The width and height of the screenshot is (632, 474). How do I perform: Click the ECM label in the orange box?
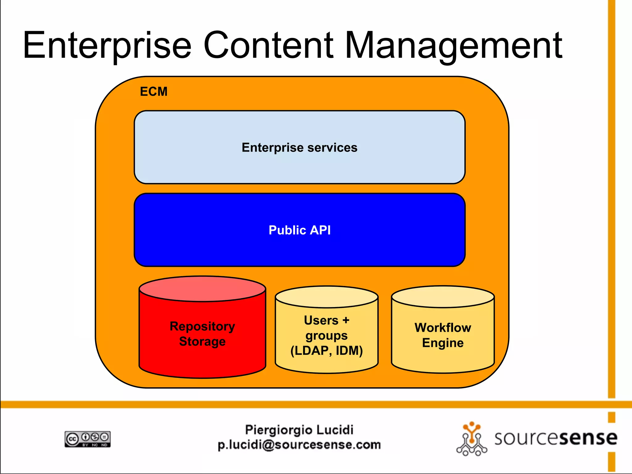click(154, 92)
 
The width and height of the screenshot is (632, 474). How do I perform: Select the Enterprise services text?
click(299, 148)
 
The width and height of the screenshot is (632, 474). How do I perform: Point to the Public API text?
click(299, 230)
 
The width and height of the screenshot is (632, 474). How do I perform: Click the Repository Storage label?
click(202, 334)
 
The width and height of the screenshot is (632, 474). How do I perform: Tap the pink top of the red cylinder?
click(202, 289)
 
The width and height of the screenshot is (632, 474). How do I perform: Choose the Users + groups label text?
click(326, 328)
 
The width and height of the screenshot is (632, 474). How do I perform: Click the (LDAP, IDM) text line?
click(326, 351)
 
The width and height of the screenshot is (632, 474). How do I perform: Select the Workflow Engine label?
click(443, 335)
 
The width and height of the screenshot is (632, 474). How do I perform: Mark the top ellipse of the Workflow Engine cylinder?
click(443, 297)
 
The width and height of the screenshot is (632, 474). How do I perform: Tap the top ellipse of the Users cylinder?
click(326, 297)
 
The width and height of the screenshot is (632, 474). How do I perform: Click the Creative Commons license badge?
click(88, 439)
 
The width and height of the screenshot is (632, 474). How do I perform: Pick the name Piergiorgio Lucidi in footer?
click(299, 430)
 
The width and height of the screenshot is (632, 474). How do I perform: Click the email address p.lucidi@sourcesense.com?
click(299, 445)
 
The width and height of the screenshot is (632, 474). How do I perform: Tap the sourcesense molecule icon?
click(472, 439)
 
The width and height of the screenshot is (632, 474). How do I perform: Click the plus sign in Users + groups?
click(346, 320)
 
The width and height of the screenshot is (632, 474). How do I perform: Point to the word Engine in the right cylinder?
click(443, 343)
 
